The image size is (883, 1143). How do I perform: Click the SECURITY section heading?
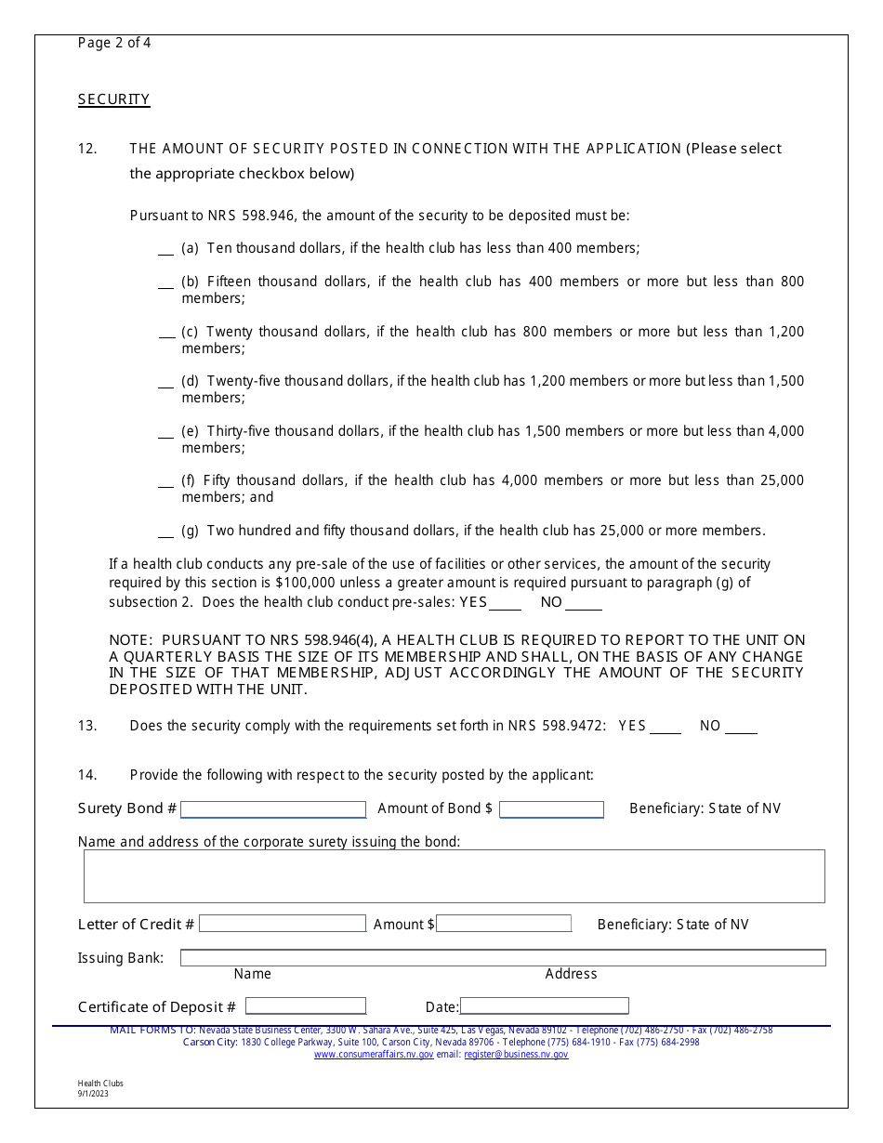113,99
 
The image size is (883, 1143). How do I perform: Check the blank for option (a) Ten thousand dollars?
165,249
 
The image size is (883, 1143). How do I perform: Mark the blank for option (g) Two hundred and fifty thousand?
165,532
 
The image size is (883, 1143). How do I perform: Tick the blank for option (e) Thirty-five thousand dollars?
165,432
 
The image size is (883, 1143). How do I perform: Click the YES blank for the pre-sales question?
505,603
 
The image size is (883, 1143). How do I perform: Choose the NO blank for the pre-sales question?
583,603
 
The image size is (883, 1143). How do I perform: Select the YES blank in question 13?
665,727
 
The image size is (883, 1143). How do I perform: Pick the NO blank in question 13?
741,727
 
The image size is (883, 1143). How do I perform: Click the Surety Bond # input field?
273,809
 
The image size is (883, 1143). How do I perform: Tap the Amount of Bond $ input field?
551,809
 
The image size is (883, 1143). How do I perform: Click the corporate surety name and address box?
454,876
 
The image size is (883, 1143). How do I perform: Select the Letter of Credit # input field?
283,924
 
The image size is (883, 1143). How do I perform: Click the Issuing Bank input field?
502,957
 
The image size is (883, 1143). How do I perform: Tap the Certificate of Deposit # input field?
305,1006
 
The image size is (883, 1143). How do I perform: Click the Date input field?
544,1006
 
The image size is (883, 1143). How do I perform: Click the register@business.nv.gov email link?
516,1055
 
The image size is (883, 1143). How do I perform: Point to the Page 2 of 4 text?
114,43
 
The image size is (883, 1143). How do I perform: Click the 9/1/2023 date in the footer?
93,1094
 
